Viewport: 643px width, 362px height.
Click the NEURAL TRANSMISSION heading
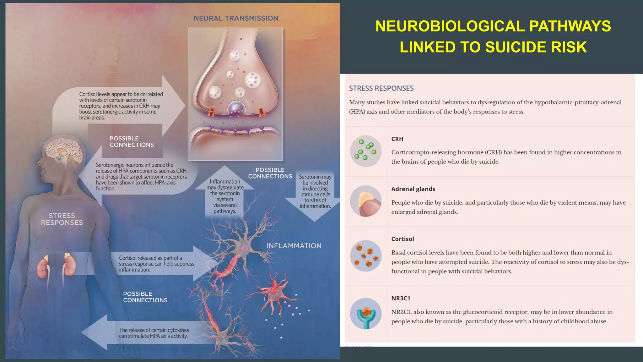click(x=236, y=18)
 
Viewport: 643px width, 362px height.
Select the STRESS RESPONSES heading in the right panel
click(x=381, y=88)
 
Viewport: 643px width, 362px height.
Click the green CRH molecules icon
click(x=366, y=151)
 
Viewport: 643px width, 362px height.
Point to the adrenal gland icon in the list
click(x=366, y=201)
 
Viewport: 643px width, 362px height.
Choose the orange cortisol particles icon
click(x=366, y=256)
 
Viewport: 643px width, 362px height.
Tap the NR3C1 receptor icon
click(x=366, y=314)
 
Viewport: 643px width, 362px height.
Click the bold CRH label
click(x=397, y=139)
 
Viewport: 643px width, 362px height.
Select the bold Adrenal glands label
click(x=413, y=189)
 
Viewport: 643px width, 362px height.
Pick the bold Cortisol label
click(x=403, y=239)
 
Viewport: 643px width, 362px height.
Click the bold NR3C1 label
click(x=401, y=298)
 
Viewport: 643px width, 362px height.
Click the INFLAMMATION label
click(x=294, y=246)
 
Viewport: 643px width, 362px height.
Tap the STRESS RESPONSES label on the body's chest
click(x=62, y=219)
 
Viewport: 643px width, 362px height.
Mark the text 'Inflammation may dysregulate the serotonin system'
click(x=225, y=190)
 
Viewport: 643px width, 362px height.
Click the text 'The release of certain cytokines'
click(x=154, y=330)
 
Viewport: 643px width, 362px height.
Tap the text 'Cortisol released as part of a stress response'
click(x=156, y=261)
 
